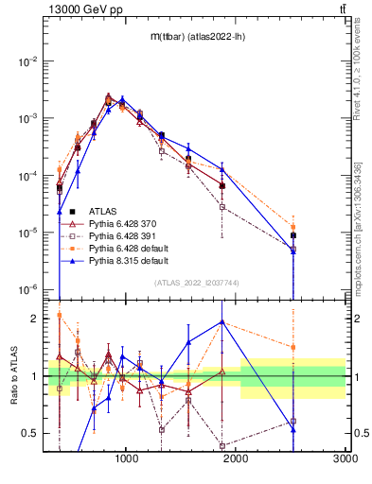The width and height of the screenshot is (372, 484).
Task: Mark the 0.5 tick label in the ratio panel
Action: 28,433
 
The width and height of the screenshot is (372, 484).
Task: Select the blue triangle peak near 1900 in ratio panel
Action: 221,321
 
